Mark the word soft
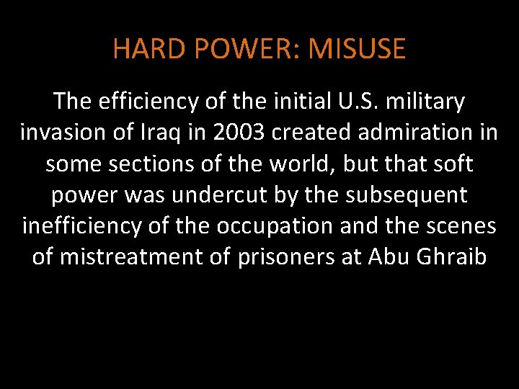[452, 164]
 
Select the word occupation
[287, 225]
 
